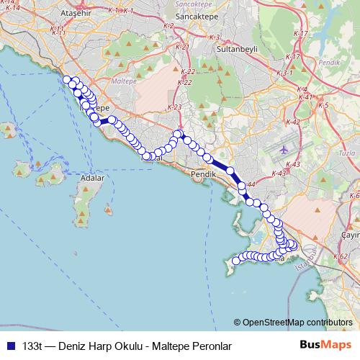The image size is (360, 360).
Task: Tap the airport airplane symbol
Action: coord(283,149)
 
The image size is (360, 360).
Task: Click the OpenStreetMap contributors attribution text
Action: coord(297,323)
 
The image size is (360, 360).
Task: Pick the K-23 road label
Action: coord(174,107)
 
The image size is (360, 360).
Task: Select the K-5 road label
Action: coord(323,106)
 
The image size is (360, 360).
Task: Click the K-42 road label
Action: coord(293,122)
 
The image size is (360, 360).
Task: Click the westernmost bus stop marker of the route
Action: coord(66,79)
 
